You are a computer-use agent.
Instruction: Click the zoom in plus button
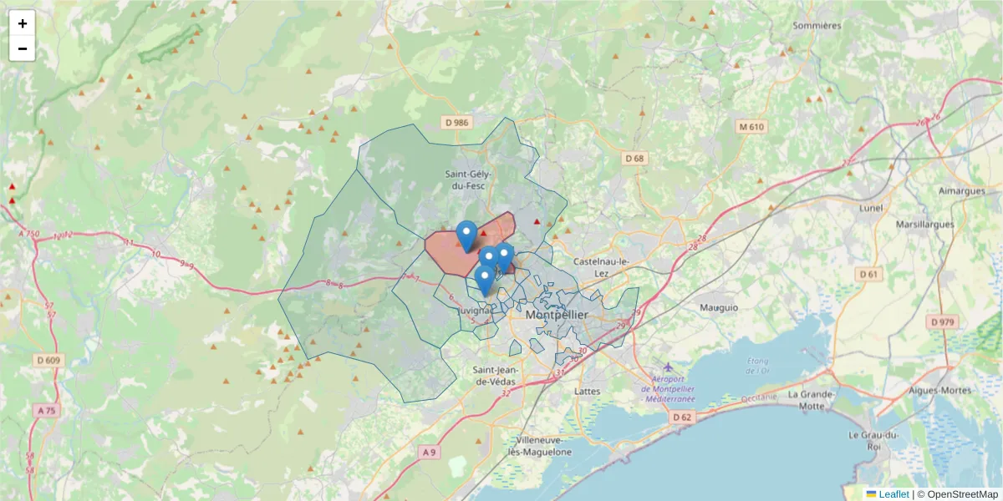[23, 23]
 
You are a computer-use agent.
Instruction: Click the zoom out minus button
[23, 48]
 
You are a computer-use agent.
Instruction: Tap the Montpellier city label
[557, 315]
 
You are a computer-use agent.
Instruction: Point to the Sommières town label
[817, 25]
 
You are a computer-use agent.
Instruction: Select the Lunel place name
[871, 207]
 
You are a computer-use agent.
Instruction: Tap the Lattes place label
[588, 390]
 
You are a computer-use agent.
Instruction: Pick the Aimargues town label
[962, 190]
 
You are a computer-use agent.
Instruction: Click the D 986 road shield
[457, 123]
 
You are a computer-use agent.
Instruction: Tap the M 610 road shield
[751, 127]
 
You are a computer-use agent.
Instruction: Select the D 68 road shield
[635, 159]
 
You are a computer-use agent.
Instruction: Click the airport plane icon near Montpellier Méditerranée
[667, 367]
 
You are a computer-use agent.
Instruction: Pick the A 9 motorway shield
[429, 452]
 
